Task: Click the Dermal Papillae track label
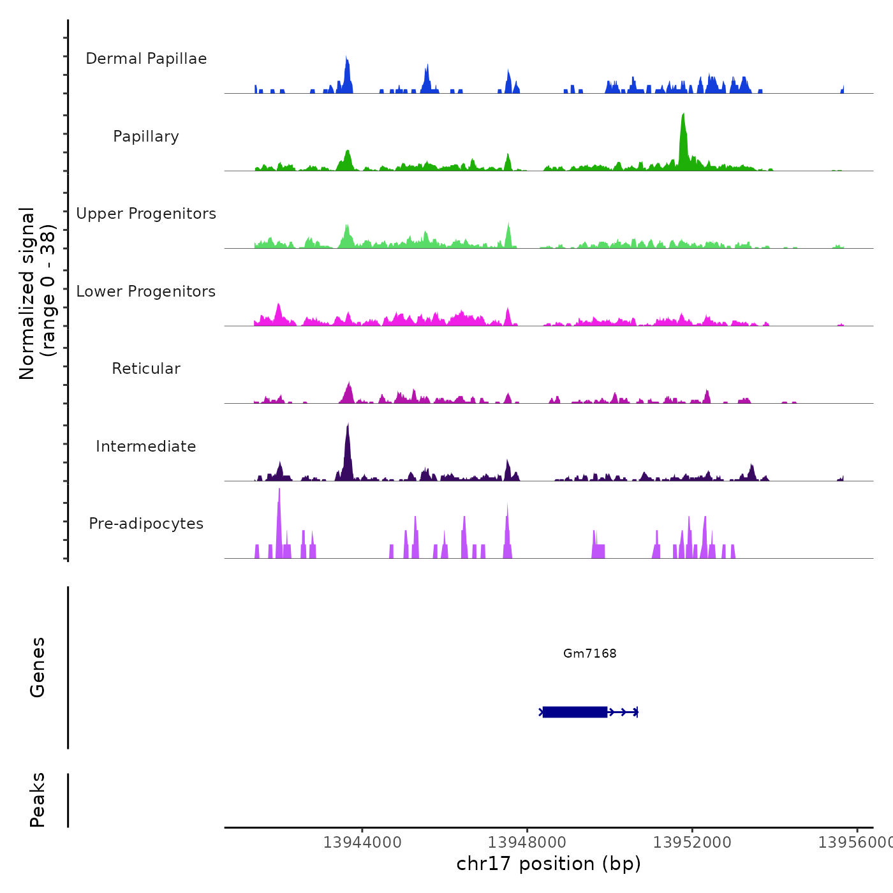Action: (x=146, y=59)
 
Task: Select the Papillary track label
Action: (x=146, y=137)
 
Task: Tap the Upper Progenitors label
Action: (x=146, y=214)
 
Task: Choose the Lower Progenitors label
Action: (x=146, y=292)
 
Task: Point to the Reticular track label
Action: (x=146, y=369)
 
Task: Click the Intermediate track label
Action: (x=146, y=447)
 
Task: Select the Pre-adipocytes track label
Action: (x=146, y=524)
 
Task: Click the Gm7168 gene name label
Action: (x=590, y=653)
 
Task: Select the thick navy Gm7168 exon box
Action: (x=575, y=712)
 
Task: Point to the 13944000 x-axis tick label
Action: (x=362, y=843)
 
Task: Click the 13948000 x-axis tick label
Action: (x=528, y=843)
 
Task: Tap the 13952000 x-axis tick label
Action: (x=692, y=843)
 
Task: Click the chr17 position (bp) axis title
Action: (x=549, y=864)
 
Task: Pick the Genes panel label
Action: (x=38, y=667)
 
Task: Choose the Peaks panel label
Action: (x=38, y=800)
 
